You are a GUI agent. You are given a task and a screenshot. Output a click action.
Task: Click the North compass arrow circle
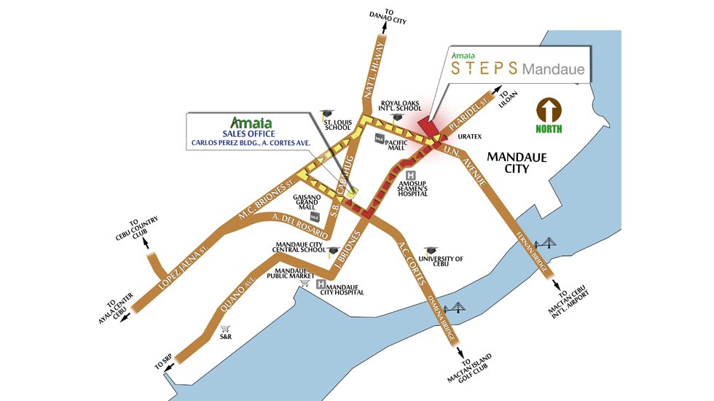point(550,111)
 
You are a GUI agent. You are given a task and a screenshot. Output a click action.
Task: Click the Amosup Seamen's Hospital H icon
point(411,175)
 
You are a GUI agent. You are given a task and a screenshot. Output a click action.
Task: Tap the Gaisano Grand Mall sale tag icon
point(315,217)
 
